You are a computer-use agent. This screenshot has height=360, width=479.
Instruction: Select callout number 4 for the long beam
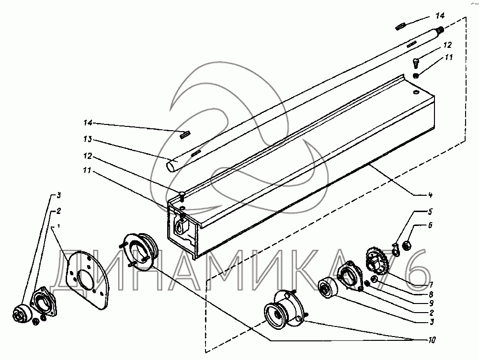[431, 195]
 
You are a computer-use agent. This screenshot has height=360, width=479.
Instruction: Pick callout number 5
[430, 211]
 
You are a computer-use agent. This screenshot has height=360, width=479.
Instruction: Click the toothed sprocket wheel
[377, 260]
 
